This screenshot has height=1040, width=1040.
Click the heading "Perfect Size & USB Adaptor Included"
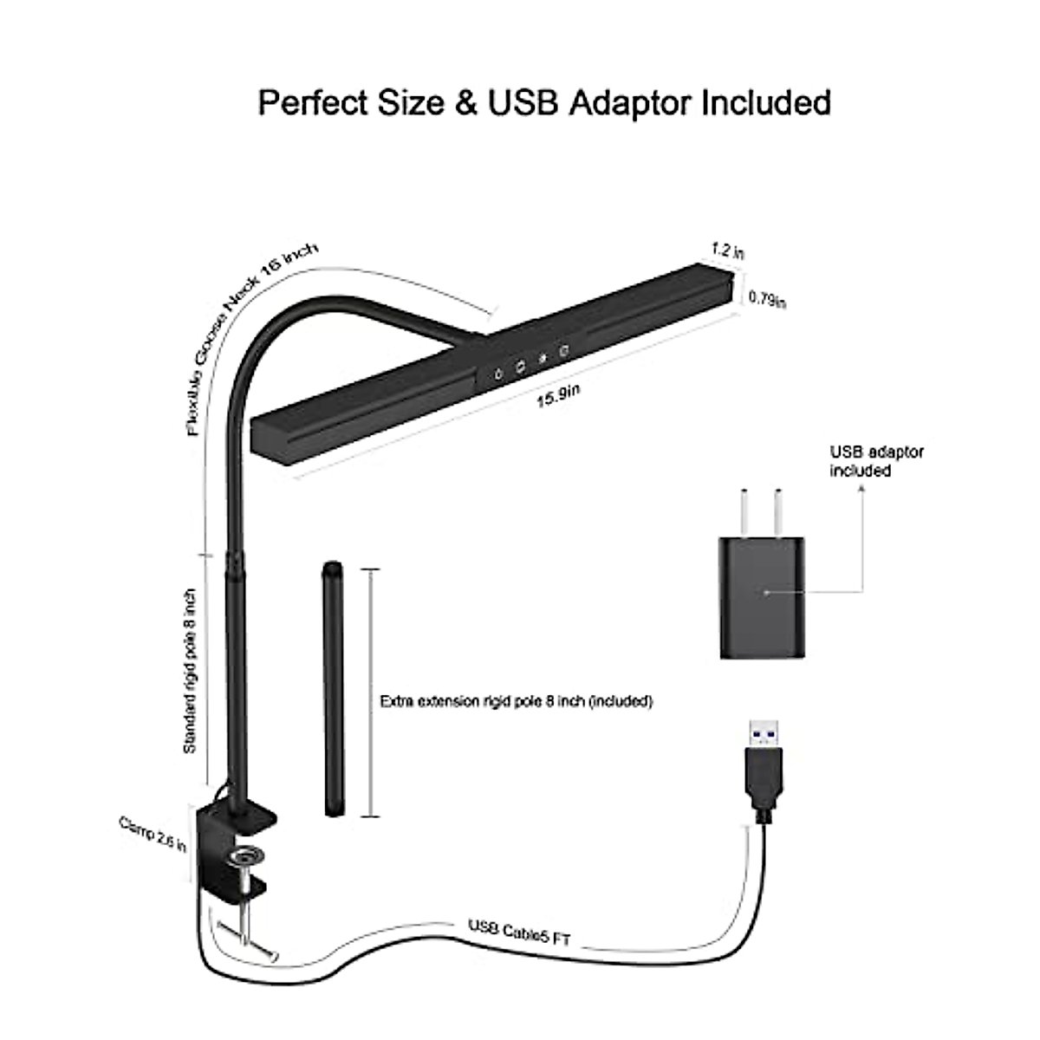tap(544, 102)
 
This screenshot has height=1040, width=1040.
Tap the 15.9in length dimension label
tap(557, 397)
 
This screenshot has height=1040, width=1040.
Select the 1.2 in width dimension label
tap(727, 250)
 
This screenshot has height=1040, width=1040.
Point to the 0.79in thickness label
tap(767, 300)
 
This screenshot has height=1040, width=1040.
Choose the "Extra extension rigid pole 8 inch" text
tap(516, 700)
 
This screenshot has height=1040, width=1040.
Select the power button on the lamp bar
tap(500, 374)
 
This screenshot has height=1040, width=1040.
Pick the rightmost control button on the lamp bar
tap(564, 352)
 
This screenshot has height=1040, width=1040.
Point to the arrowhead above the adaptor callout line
tap(861, 487)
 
